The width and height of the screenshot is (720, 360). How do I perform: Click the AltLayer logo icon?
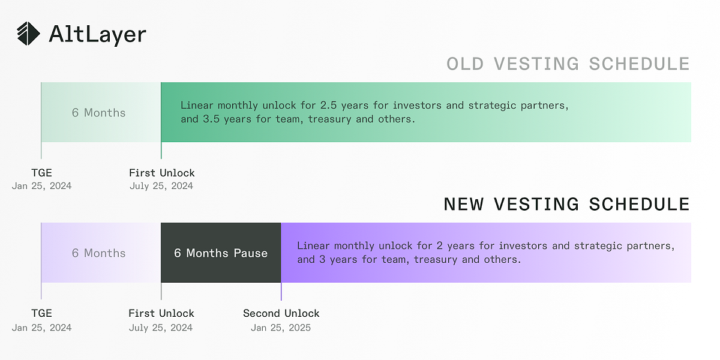point(29,34)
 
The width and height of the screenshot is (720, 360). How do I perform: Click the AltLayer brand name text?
point(97,34)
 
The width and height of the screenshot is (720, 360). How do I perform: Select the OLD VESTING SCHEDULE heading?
point(568,64)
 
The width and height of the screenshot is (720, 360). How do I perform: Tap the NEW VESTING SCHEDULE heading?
point(566,204)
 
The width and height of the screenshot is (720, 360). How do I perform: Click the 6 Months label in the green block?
point(99,113)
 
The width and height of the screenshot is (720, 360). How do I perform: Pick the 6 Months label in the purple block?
point(99,253)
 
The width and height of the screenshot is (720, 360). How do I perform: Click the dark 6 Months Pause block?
point(221,253)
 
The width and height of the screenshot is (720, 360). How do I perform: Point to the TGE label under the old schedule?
point(42,173)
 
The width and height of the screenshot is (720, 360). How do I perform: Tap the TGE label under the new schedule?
point(42,313)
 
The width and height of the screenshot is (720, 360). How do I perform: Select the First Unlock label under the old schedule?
point(162,173)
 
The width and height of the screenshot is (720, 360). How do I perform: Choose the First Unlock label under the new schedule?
point(161,313)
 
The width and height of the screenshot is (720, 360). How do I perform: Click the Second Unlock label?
point(281,313)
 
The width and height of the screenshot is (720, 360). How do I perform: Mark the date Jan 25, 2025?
point(281,328)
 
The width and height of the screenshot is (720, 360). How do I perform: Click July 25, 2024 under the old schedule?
point(161,186)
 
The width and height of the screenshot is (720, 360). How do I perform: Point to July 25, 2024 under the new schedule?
point(161,328)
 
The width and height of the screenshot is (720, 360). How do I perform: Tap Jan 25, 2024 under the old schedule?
point(41,186)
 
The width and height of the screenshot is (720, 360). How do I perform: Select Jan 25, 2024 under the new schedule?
point(41,328)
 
